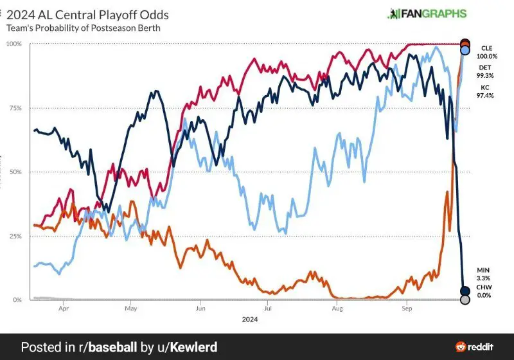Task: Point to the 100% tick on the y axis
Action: click(x=13, y=44)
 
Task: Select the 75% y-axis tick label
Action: click(x=14, y=108)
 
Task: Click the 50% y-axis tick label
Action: click(x=14, y=172)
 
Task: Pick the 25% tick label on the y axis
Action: click(x=14, y=236)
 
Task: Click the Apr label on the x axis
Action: click(x=64, y=309)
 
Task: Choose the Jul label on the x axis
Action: click(x=267, y=309)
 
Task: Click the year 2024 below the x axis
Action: click(x=251, y=319)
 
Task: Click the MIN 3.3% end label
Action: click(x=485, y=273)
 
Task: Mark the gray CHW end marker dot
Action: click(x=465, y=300)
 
